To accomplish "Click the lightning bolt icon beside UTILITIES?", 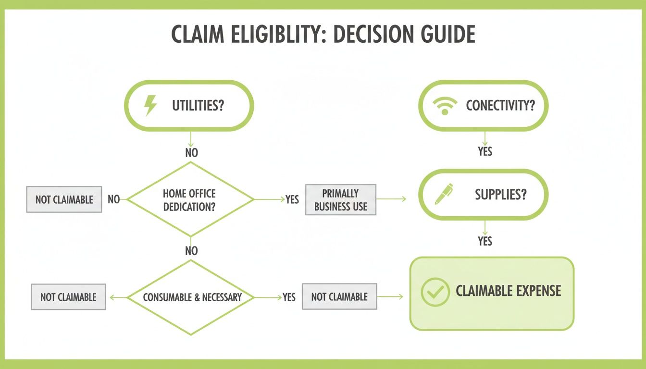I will (151, 106).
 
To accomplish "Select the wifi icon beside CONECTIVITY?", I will (445, 106).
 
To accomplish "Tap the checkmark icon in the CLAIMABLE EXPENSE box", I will (435, 292).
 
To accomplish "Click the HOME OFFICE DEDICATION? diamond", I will (190, 200).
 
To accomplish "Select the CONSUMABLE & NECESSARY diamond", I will (191, 297).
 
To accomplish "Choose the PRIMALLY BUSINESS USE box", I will (340, 200).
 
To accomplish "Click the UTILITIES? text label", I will (198, 106).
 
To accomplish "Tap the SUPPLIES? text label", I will (500, 195).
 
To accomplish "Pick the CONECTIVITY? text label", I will (500, 106).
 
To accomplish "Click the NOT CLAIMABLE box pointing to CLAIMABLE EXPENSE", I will (339, 297).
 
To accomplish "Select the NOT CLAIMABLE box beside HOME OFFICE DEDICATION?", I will (64, 199).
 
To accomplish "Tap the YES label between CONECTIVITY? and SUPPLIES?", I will (485, 151).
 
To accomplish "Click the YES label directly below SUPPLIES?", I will (485, 241).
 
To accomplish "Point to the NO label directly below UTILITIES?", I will (191, 153).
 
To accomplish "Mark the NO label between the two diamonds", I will (191, 250).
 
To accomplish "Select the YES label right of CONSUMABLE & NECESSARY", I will (289, 297).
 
